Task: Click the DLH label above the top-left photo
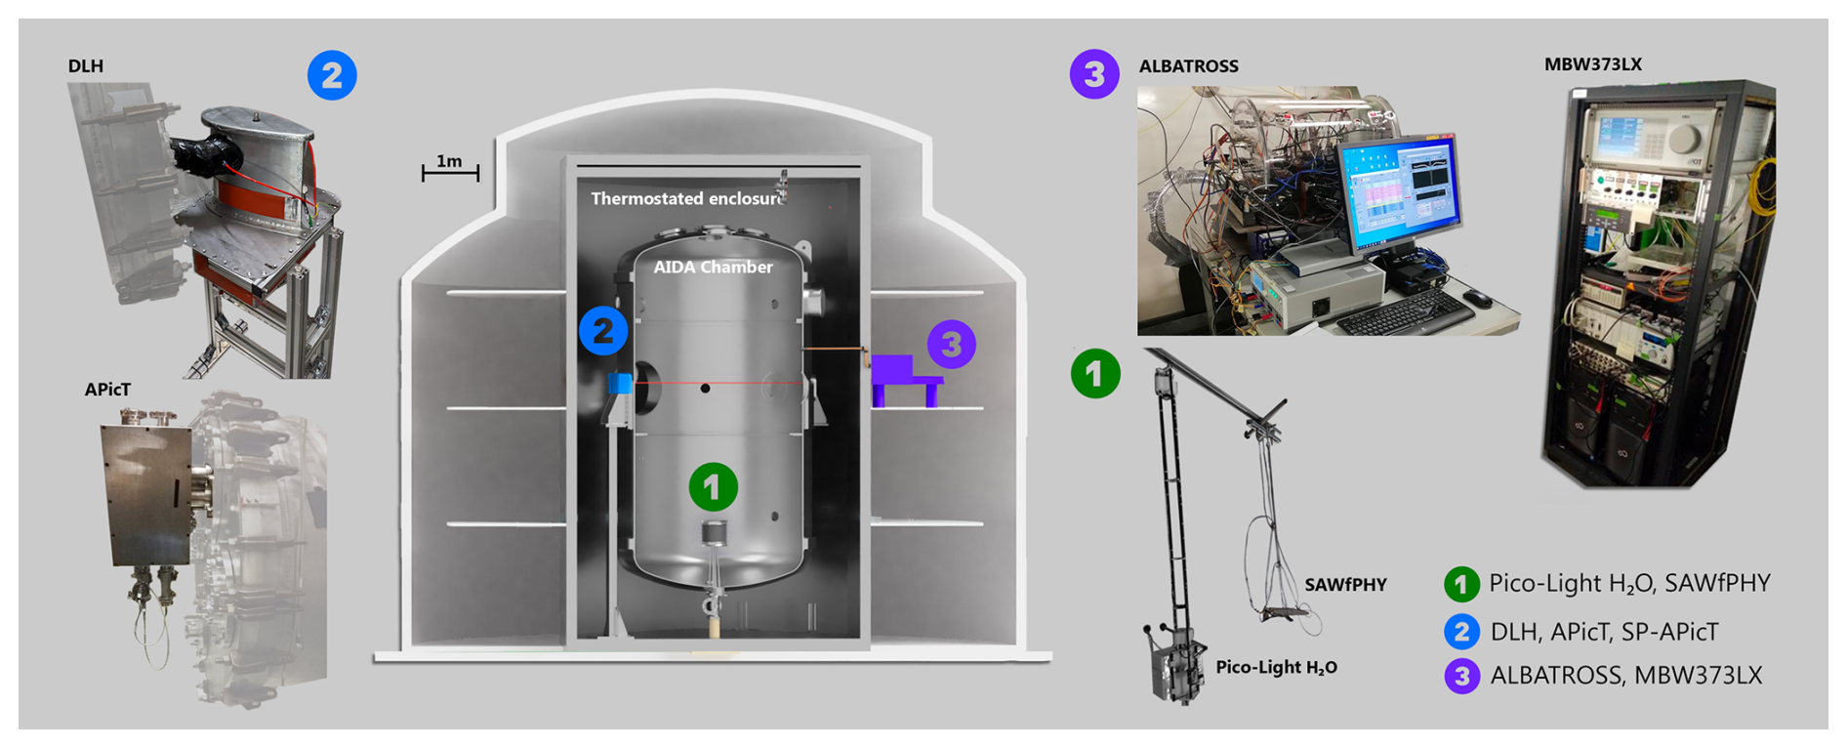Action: [x=86, y=66]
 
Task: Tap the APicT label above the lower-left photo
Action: [x=107, y=390]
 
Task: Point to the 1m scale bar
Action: [x=450, y=172]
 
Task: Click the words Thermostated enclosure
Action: [x=686, y=198]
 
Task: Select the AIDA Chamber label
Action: [x=713, y=267]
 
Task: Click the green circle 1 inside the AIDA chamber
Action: [x=713, y=486]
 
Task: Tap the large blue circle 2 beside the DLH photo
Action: [x=332, y=75]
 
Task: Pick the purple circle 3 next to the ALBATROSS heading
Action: [x=1094, y=74]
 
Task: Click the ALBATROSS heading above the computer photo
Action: [x=1188, y=66]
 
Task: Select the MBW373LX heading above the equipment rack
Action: [x=1592, y=64]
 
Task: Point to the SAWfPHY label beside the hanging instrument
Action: [x=1345, y=585]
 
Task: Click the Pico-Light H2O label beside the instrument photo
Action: [x=1276, y=668]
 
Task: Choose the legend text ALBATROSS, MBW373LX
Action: [x=1625, y=676]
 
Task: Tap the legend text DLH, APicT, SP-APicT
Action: [x=1604, y=632]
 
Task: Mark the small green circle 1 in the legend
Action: [x=1461, y=585]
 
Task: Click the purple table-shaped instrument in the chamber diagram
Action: [x=904, y=379]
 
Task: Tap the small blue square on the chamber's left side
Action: [x=620, y=383]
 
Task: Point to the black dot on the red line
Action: [x=705, y=389]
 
